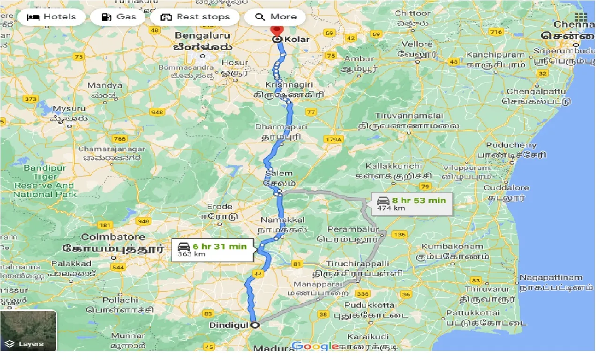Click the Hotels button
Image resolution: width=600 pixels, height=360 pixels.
(52, 17)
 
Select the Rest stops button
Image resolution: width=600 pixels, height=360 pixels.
(195, 17)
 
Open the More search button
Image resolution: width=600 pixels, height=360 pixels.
(276, 17)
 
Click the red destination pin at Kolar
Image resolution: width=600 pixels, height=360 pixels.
(277, 30)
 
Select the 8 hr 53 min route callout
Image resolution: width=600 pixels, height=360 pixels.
(412, 203)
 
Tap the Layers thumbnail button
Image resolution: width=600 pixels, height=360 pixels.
(28, 330)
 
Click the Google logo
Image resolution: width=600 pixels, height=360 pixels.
(315, 346)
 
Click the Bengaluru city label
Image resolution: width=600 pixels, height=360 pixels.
(203, 36)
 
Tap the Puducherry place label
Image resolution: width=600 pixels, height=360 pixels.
(511, 145)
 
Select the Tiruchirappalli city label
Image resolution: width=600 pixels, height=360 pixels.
(358, 263)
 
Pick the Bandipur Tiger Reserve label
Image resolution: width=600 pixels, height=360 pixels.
(45, 181)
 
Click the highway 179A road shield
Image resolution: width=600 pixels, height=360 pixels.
(334, 139)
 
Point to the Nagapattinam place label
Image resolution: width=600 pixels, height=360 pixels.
(550, 277)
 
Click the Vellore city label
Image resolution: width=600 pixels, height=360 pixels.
(417, 45)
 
